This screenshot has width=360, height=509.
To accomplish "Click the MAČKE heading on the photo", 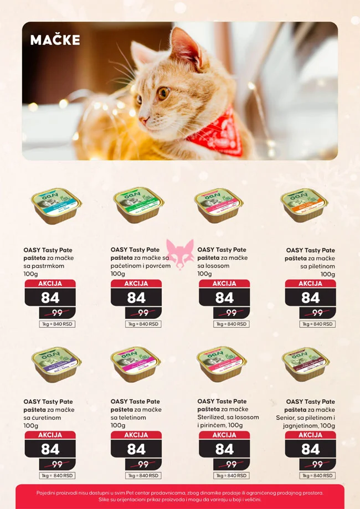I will [55, 40].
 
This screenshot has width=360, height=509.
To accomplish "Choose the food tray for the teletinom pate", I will [136, 363].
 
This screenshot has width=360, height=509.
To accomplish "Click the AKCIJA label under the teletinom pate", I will [136, 435].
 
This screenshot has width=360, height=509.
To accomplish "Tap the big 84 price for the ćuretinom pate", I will [50, 449].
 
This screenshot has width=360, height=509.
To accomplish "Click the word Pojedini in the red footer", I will [49, 492].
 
